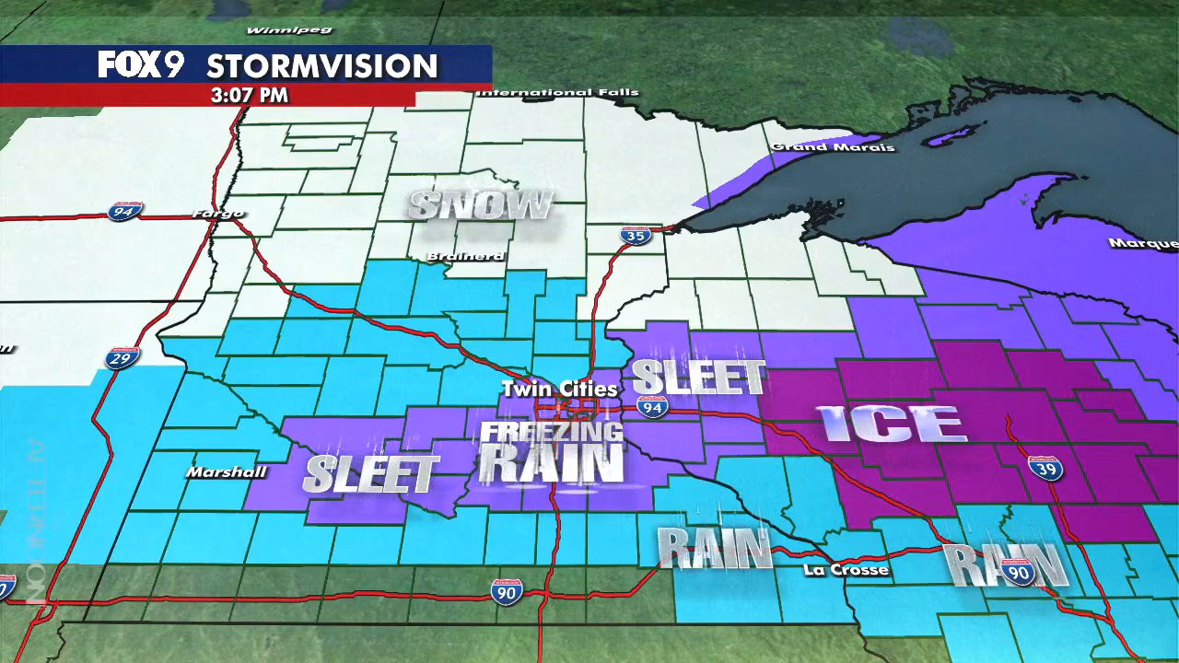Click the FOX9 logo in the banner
tap(141, 64)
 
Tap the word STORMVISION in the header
tap(321, 66)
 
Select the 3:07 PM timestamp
tap(249, 95)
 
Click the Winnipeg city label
tap(275, 30)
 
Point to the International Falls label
tap(557, 92)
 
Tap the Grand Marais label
tap(833, 146)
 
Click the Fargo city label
tap(218, 214)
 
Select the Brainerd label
tap(465, 256)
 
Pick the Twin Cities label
tap(559, 389)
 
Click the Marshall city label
tap(227, 472)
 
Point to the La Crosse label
tap(846, 570)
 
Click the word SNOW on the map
tap(481, 205)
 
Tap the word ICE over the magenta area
tap(892, 424)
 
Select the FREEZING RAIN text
tap(552, 452)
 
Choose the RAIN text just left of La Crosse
tap(714, 549)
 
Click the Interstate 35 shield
tap(636, 235)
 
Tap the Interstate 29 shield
tap(122, 357)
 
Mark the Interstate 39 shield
tap(1045, 468)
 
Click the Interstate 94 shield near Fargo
tap(123, 211)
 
